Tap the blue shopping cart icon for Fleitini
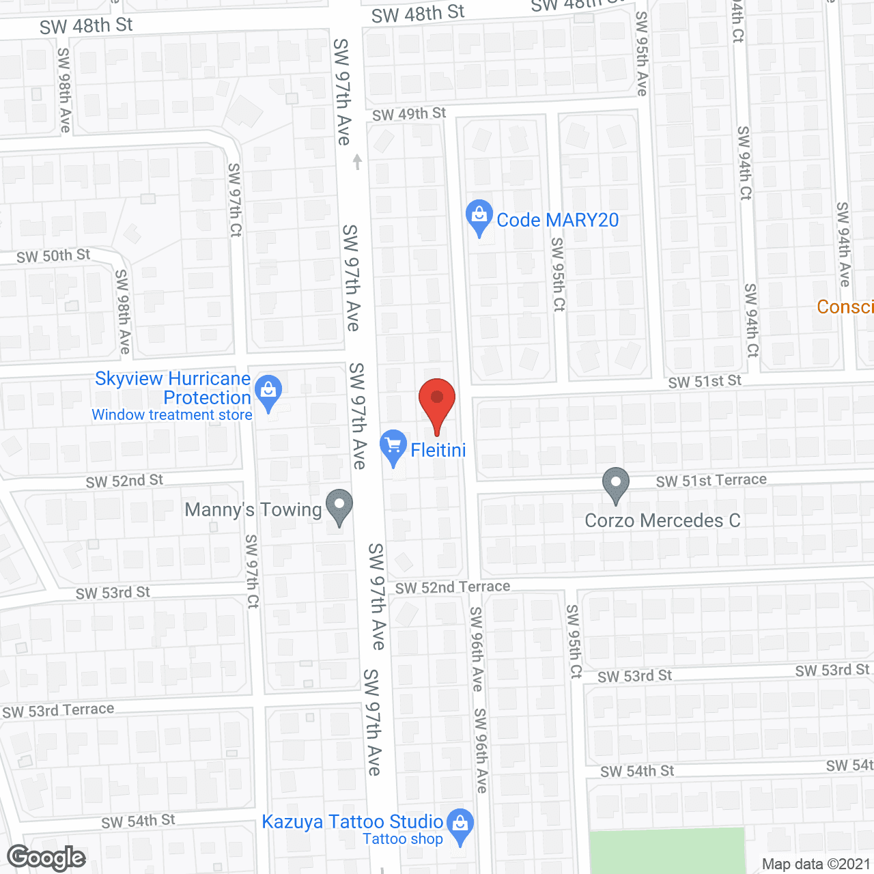pyautogui.click(x=393, y=447)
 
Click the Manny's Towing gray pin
pyautogui.click(x=339, y=507)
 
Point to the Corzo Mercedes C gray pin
pyautogui.click(x=615, y=483)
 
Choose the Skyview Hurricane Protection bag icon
pyautogui.click(x=268, y=392)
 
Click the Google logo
pyautogui.click(x=46, y=857)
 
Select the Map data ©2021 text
pyautogui.click(x=816, y=864)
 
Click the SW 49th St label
pyautogui.click(x=409, y=114)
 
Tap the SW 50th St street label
pyautogui.click(x=53, y=256)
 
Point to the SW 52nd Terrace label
pyautogui.click(x=453, y=587)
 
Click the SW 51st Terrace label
pyautogui.click(x=711, y=481)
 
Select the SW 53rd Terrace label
pyautogui.click(x=58, y=710)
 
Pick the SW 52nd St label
pyautogui.click(x=124, y=481)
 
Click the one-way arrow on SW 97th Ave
pyautogui.click(x=356, y=162)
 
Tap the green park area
pyautogui.click(x=666, y=850)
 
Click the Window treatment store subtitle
pyautogui.click(x=172, y=414)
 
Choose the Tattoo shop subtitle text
pyautogui.click(x=403, y=839)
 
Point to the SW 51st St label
pyautogui.click(x=705, y=381)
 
